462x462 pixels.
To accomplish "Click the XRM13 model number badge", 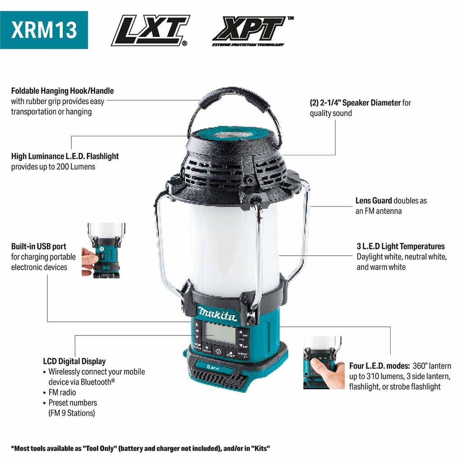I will coord(44,30).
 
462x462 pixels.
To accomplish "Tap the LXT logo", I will coord(151,30).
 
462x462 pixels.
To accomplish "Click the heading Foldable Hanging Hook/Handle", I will coord(62,91).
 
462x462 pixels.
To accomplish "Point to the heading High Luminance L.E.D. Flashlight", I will coord(65,156).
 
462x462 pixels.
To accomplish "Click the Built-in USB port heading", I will coord(39,246).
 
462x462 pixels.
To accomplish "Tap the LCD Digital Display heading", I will coord(74,361).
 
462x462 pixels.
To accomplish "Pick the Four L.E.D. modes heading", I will coord(379,365).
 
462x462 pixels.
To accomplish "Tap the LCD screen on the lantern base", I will coord(220,333).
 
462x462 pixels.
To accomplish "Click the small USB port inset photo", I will coord(103,250).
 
